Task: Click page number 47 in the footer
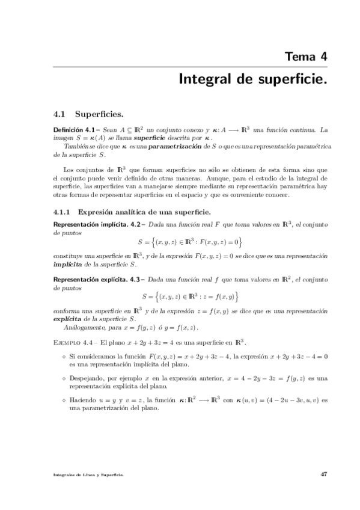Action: [323, 474]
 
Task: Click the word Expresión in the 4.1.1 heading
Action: [96, 212]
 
